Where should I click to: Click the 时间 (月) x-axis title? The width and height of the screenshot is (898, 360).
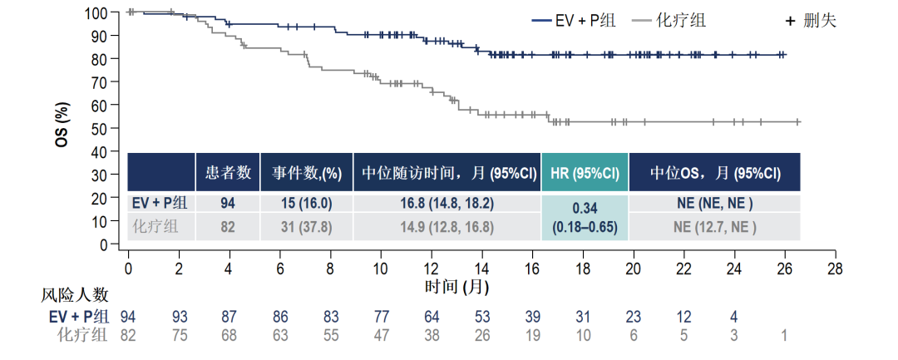(x=456, y=287)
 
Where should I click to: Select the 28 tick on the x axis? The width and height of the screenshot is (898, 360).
(x=835, y=269)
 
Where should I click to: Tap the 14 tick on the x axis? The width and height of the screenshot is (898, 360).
(x=481, y=269)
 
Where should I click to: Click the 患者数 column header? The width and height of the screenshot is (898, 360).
(x=228, y=173)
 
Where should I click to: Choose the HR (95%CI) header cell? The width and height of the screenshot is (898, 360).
(x=585, y=173)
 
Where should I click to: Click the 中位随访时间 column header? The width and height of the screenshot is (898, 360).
(x=447, y=173)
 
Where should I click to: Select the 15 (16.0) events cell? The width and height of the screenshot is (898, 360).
(x=306, y=204)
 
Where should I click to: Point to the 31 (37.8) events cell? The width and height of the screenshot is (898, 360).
(x=306, y=227)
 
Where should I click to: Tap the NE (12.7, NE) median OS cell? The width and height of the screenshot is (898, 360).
(x=715, y=227)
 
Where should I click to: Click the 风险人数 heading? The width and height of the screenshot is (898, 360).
(x=75, y=295)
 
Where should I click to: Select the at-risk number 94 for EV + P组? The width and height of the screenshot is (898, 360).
(x=128, y=316)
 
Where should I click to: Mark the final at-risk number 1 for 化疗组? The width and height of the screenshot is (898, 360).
(x=785, y=335)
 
